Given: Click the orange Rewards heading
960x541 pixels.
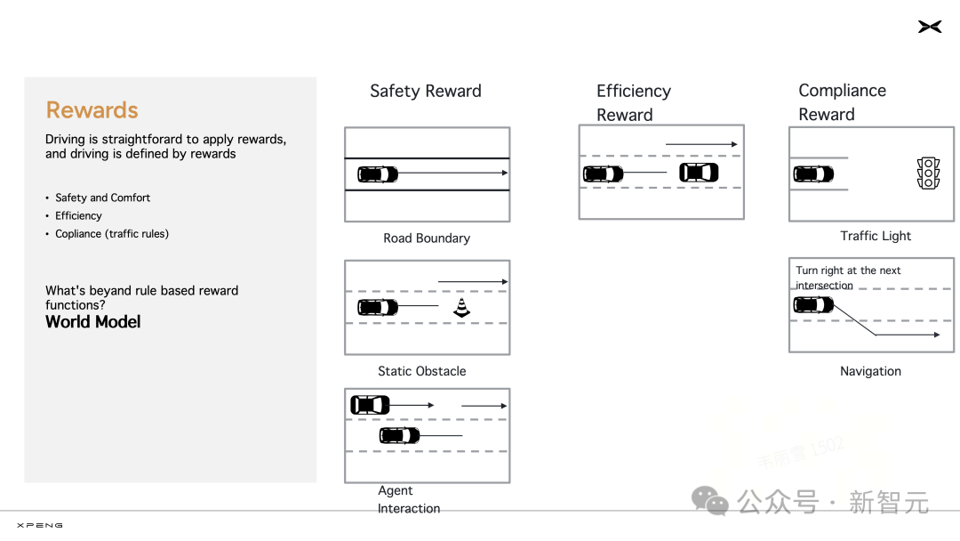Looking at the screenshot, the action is [x=92, y=110].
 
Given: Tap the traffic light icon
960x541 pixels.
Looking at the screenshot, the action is [x=928, y=174].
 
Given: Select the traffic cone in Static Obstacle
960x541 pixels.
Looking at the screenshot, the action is [x=460, y=307].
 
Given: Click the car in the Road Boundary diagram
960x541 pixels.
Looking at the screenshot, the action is [x=378, y=174].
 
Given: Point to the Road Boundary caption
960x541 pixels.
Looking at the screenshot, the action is [x=427, y=238].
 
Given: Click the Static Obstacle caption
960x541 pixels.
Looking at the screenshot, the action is [x=421, y=371].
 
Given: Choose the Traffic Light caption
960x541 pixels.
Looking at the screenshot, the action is [x=876, y=236].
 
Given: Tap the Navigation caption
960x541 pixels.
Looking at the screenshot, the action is [x=870, y=371].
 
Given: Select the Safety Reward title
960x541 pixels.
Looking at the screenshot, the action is [x=425, y=91].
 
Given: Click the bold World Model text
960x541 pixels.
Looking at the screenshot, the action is [x=93, y=322].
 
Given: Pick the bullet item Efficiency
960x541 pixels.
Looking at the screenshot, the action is [x=78, y=215].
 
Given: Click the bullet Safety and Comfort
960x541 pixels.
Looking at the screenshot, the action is [x=102, y=198].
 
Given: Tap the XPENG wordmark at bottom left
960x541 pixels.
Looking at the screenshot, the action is [x=40, y=525].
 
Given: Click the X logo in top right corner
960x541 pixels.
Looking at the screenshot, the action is [x=930, y=28].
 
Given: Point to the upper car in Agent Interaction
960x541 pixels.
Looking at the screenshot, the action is [x=370, y=405].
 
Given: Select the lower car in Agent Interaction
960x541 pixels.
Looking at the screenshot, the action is [x=399, y=435].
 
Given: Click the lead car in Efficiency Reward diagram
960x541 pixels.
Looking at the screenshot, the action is [x=699, y=173].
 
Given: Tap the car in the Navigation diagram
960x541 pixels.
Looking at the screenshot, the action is [x=813, y=305].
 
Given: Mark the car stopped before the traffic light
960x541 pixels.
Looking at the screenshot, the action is [x=813, y=174].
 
